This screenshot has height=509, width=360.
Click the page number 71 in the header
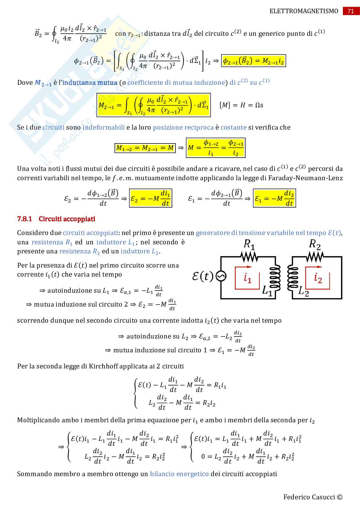coord(351,11)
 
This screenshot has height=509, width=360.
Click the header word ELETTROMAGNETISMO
coord(304,11)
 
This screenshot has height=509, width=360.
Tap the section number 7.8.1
coord(25,219)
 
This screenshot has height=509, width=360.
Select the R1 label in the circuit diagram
coord(249,244)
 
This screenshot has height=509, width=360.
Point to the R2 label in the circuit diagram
coord(315,244)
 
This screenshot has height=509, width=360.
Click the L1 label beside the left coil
coord(267,291)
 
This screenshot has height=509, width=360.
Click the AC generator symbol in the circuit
coord(221,276)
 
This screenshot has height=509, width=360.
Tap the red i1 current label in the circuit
coord(247,278)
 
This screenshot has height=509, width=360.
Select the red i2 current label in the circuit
coord(318,278)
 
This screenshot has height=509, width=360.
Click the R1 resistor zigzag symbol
coord(249,257)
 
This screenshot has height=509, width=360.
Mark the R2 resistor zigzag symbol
coord(315,257)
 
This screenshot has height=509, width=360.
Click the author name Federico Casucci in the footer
coord(309,497)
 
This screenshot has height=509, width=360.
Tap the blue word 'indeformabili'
coord(104,127)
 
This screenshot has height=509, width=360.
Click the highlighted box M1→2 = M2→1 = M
coord(145,148)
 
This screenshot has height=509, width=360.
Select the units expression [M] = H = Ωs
coord(241,105)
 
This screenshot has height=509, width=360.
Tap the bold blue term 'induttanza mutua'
coord(90,83)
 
